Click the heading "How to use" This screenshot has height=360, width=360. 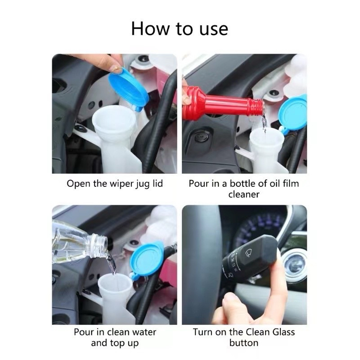[x=180, y=29]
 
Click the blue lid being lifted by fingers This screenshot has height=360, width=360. [x=128, y=89]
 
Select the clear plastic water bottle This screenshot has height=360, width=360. [x=79, y=242]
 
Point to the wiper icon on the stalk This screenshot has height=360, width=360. [x=249, y=253]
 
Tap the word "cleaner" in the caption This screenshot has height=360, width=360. [x=244, y=194]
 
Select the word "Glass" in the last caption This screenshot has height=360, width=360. [x=283, y=332]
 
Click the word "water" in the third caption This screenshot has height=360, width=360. [x=144, y=332]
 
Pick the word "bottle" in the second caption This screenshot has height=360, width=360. [x=242, y=184]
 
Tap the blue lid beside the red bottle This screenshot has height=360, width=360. [x=292, y=114]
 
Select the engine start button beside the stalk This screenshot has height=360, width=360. [x=296, y=265]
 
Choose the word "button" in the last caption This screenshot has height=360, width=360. [x=244, y=343]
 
